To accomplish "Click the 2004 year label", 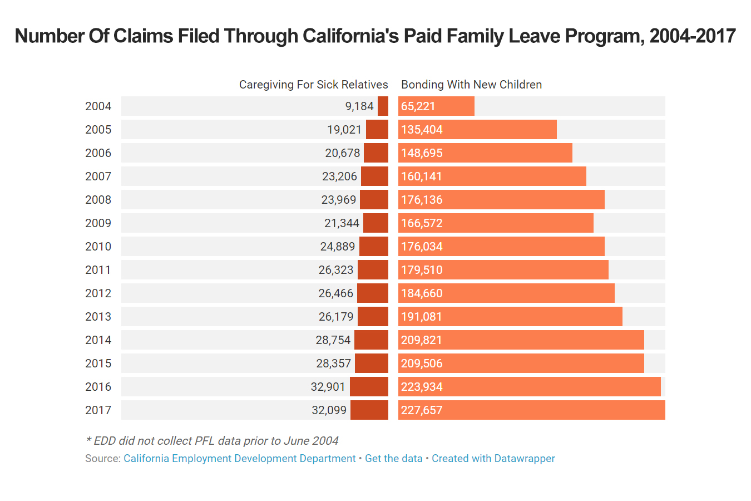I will tap(98, 106).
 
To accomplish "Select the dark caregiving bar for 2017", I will tap(369, 410).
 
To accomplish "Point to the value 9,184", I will tap(359, 106).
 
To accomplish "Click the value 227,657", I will tap(422, 410).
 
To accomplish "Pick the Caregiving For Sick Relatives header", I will tap(313, 85).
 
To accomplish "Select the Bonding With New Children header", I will tap(471, 85).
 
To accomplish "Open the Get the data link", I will tap(393, 459).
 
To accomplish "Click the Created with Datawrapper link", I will tap(493, 459).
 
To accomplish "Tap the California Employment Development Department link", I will tap(239, 459).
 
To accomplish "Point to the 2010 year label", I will tap(98, 247).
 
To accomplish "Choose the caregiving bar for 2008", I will tap(374, 200).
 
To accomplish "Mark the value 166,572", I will tap(422, 223).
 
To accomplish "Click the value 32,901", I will tap(328, 387).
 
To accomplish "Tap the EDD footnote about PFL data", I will tap(212, 441).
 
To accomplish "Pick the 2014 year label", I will tap(98, 340).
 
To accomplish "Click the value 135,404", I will tap(422, 130).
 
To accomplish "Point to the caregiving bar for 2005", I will tap(377, 130).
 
